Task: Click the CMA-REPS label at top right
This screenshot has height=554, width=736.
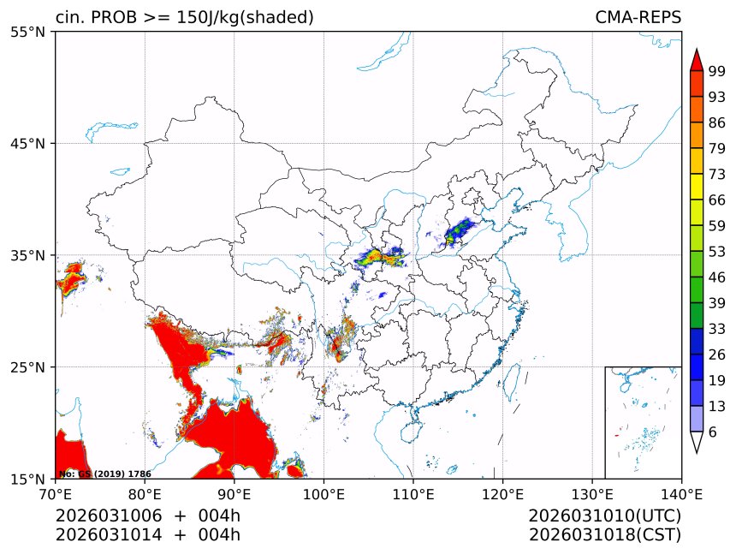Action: (x=638, y=17)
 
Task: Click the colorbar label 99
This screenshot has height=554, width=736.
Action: (x=717, y=71)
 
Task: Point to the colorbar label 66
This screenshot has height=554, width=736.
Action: (x=717, y=200)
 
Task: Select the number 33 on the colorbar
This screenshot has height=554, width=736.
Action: (x=717, y=329)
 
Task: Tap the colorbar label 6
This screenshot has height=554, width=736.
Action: (x=713, y=432)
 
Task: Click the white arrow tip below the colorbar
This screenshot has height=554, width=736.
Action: (x=696, y=443)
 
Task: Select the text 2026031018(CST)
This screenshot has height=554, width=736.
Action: (x=604, y=535)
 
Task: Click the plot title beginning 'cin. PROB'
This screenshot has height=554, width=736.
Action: (x=184, y=17)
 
